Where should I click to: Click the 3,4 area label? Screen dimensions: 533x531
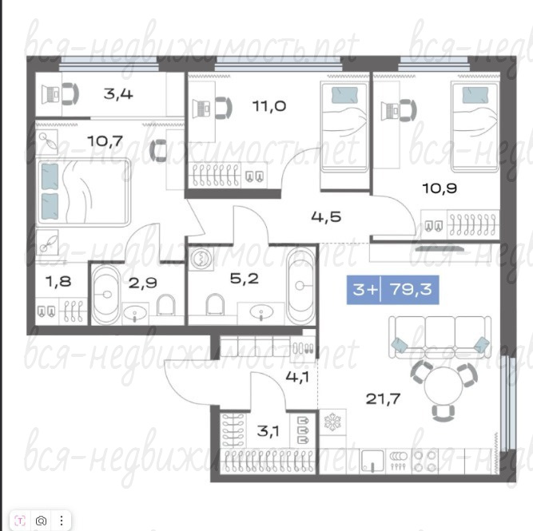tap(118, 93)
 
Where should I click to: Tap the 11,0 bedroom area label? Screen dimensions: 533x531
tap(269, 106)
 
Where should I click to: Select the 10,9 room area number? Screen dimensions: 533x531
tap(440, 188)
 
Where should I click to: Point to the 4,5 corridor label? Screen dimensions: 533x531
tap(326, 216)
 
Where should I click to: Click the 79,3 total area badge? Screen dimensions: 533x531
tap(392, 290)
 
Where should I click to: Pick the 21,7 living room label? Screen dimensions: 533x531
tap(383, 398)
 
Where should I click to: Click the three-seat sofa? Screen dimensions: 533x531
tap(440, 337)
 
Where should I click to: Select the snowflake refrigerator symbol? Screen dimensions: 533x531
tap(332, 422)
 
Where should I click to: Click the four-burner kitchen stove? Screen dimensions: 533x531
tap(425, 462)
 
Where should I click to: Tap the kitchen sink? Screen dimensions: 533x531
tap(372, 461)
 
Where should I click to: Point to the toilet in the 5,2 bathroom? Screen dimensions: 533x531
tap(215, 304)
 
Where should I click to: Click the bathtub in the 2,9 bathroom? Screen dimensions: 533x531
tap(105, 295)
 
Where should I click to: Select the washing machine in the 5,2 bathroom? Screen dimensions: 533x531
tap(201, 259)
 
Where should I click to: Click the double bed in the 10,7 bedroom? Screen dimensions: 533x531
tap(83, 192)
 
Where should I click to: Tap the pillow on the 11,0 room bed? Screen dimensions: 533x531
tap(344, 94)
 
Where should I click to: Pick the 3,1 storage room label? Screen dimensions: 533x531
tap(268, 431)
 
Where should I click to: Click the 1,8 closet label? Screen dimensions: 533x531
tap(58, 281)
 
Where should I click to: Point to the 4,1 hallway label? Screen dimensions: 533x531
tap(297, 377)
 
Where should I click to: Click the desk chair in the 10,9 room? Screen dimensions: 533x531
tap(408, 110)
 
